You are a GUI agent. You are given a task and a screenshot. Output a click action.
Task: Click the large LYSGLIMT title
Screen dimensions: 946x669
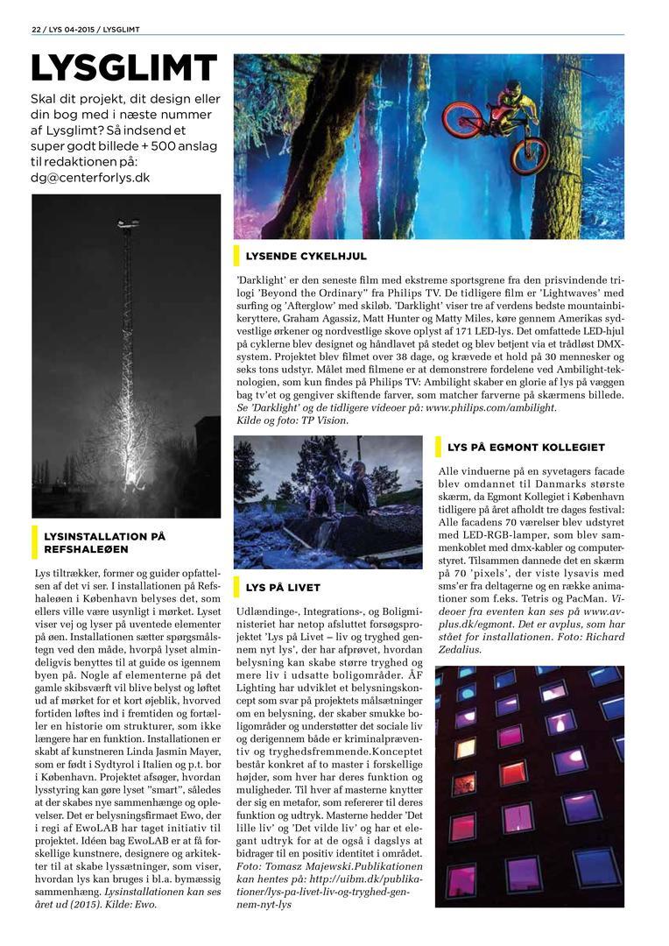(123, 67)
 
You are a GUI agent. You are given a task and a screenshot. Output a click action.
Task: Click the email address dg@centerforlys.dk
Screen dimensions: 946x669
(90, 177)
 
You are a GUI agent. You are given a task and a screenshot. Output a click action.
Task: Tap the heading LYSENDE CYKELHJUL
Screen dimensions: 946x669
(306, 256)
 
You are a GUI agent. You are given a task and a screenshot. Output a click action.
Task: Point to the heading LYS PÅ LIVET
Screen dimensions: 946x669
(283, 587)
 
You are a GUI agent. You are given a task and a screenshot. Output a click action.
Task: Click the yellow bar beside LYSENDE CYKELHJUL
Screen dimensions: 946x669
(236, 256)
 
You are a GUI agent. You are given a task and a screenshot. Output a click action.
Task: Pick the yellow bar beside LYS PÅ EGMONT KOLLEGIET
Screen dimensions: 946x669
(438, 447)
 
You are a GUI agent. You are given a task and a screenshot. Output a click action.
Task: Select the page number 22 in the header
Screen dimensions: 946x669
(36, 29)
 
